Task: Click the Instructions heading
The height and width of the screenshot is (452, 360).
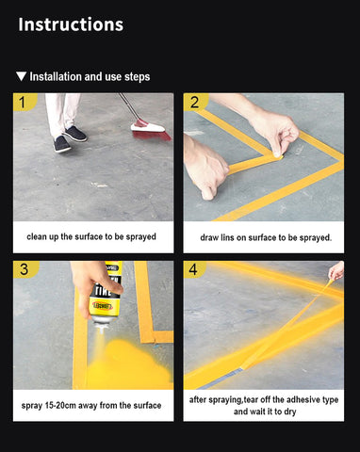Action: (71, 24)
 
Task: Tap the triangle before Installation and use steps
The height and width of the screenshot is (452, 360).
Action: (21, 76)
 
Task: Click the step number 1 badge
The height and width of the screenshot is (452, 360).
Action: (24, 102)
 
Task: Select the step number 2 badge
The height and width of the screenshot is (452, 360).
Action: (195, 102)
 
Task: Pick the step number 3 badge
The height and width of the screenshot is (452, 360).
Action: (25, 269)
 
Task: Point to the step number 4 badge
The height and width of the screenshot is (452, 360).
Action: (193, 269)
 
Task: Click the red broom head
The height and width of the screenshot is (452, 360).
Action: (151, 131)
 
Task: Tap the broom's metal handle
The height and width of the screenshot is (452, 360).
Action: (129, 106)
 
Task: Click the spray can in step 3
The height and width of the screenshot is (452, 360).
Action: (105, 293)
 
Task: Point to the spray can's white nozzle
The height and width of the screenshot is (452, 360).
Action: (101, 329)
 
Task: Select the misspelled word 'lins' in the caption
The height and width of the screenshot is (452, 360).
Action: (227, 237)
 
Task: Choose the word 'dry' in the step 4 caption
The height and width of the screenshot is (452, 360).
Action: (289, 412)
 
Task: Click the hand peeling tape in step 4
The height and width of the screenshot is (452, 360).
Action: (336, 270)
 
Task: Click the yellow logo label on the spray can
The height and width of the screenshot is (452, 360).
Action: (103, 306)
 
